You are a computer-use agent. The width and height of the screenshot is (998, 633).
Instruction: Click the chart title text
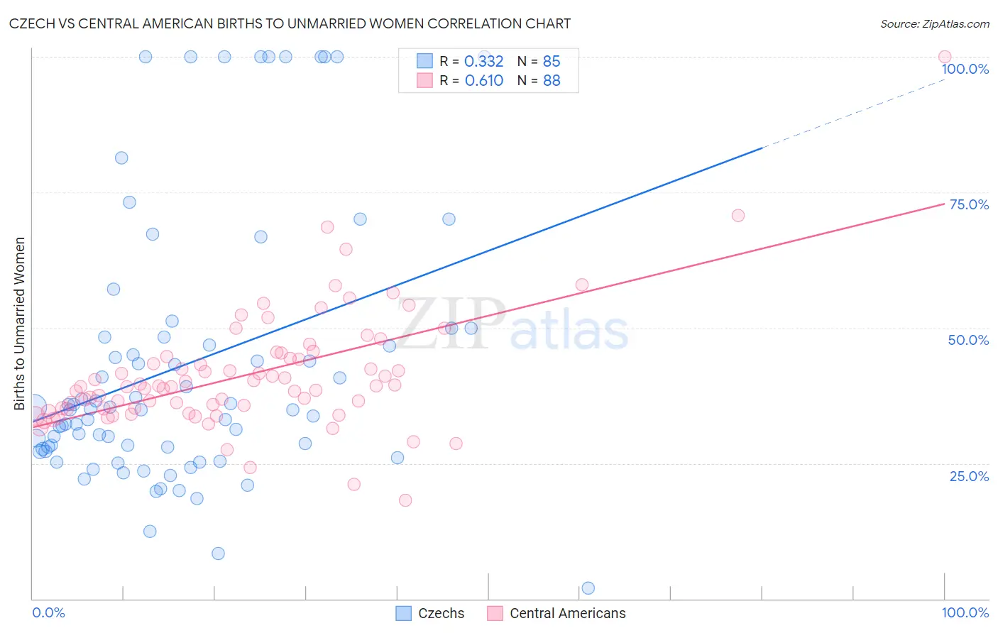click(290, 23)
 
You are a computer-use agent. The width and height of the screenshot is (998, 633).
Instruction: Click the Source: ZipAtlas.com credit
click(934, 23)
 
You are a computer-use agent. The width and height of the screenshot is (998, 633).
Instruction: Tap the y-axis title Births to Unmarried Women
click(19, 324)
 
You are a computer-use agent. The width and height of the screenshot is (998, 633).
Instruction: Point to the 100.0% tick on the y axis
click(965, 69)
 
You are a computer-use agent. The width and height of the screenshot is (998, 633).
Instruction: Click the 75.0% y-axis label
click(969, 204)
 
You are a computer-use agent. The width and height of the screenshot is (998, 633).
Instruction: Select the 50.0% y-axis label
click(968, 340)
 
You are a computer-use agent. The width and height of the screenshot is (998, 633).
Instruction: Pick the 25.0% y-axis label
click(969, 476)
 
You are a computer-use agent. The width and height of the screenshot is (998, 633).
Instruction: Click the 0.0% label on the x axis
click(48, 612)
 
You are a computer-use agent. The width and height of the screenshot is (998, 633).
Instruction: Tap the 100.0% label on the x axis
click(965, 612)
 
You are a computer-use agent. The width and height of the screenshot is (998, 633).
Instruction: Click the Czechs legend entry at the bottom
click(441, 613)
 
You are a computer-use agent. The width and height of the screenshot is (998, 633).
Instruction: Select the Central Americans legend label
click(567, 613)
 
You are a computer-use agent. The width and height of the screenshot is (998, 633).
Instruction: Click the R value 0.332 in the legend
click(483, 62)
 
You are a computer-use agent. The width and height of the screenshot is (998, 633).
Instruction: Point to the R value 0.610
click(483, 81)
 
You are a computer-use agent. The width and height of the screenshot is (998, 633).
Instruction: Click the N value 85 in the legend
click(552, 62)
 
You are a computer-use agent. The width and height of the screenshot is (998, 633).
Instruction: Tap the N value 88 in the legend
click(552, 81)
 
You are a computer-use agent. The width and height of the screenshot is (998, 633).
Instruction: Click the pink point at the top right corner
click(944, 57)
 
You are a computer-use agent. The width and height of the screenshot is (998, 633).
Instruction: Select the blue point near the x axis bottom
click(588, 588)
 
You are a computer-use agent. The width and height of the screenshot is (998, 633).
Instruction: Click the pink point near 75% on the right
click(737, 216)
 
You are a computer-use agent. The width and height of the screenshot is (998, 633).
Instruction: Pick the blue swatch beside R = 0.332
click(424, 61)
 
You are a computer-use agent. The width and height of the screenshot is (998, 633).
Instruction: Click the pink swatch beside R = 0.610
click(424, 80)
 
